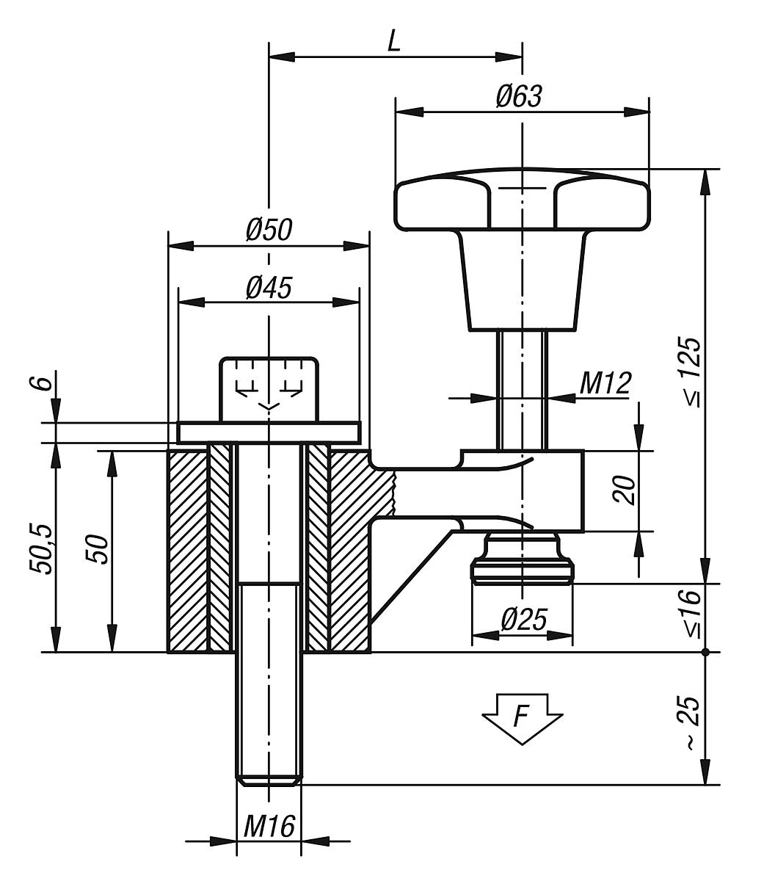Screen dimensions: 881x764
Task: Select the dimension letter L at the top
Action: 394,42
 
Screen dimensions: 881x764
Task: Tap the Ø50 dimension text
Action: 269,231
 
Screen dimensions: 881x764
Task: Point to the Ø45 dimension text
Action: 269,288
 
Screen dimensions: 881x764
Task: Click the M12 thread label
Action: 605,383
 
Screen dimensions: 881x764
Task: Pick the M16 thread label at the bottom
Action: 269,827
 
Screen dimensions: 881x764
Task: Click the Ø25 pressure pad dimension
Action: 523,620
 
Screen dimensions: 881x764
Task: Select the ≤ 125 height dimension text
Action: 690,372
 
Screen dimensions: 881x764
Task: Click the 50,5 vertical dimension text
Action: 43,548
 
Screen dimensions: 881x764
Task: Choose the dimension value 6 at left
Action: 43,383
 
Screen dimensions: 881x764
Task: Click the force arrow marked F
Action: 522,717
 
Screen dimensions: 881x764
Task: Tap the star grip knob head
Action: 522,202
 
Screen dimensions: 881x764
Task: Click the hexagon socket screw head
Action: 269,388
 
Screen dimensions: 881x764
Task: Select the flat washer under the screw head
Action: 269,432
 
